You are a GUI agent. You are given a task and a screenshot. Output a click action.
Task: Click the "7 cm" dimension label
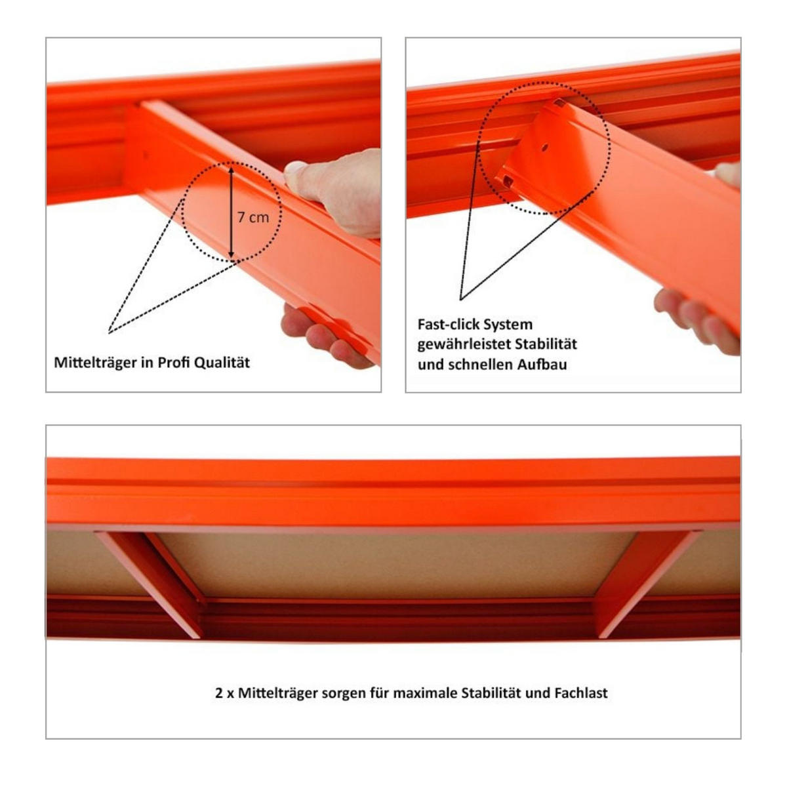click(253, 217)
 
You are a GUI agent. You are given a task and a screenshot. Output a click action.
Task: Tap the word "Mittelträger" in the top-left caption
click(95, 363)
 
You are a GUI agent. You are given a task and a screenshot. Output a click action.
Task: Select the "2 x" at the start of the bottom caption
click(224, 693)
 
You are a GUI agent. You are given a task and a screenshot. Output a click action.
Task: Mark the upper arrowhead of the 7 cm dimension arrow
click(231, 169)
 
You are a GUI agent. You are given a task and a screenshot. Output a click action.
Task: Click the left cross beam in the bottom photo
click(151, 580)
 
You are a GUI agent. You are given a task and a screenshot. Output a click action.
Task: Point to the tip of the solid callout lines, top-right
click(461, 300)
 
